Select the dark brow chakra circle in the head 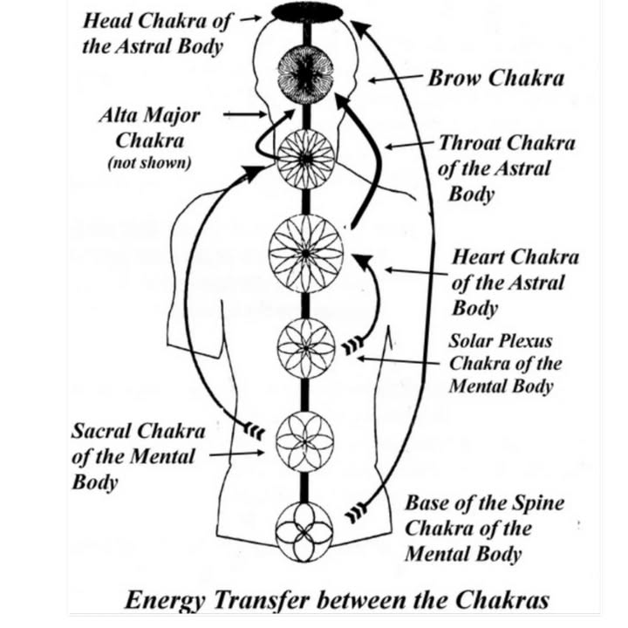305,75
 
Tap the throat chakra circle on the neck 305,159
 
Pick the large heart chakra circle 305,251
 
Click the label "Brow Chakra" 495,78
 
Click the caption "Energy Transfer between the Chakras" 337,600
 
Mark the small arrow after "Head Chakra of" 249,17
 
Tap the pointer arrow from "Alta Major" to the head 245,113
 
